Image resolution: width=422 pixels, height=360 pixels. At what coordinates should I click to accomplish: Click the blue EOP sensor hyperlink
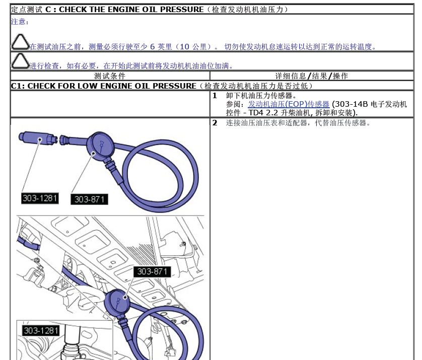(289, 104)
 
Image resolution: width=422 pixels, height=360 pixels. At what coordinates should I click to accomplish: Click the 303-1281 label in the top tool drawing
(40, 198)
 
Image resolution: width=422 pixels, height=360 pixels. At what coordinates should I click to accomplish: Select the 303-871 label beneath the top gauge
(89, 199)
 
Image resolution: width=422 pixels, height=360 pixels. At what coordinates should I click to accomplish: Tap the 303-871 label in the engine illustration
(152, 271)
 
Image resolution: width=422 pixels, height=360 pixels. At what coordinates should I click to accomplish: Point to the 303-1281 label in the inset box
(41, 331)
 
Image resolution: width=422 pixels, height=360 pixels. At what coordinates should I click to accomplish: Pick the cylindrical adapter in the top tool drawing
(38, 138)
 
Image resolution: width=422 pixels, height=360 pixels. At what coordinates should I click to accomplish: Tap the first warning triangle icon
(20, 42)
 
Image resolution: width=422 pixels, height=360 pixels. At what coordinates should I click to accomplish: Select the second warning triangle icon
(20, 61)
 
